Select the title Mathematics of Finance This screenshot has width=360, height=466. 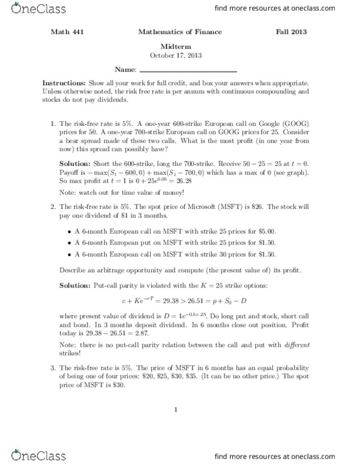pos(180,31)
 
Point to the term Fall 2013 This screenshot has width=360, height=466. pos(295,31)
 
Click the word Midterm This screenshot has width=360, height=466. pos(180,45)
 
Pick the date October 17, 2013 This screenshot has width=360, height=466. pos(180,54)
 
